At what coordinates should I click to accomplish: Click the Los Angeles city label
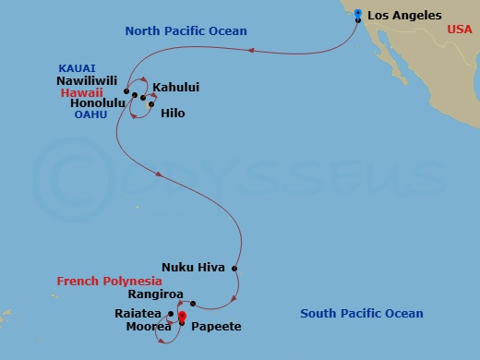click(x=404, y=16)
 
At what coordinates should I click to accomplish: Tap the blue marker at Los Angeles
click(x=358, y=13)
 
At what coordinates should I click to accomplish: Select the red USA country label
click(x=459, y=30)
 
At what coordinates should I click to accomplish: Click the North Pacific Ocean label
click(x=186, y=31)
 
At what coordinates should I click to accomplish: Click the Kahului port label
click(x=176, y=88)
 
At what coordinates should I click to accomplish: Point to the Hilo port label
click(x=173, y=113)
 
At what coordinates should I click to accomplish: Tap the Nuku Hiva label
click(x=192, y=268)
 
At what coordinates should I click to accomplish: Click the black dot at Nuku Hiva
click(x=235, y=269)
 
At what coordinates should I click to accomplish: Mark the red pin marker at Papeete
click(x=182, y=318)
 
